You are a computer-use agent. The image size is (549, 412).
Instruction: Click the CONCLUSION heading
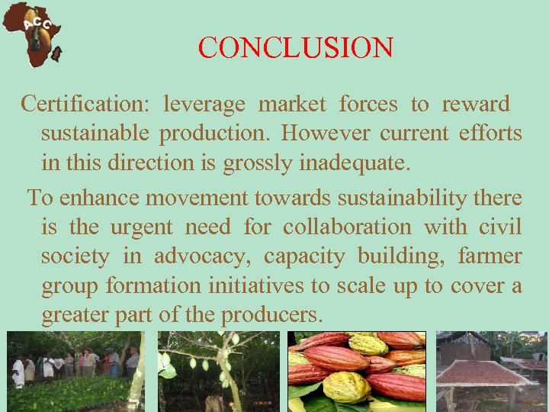(x=295, y=48)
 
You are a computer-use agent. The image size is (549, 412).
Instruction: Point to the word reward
(x=475, y=104)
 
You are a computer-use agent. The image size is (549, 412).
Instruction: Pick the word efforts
(x=490, y=134)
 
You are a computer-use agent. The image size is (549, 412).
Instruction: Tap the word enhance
(x=99, y=198)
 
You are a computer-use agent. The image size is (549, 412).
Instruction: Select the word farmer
(x=490, y=256)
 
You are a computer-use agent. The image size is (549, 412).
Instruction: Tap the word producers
(x=271, y=314)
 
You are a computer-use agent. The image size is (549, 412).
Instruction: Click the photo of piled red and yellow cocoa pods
(x=356, y=372)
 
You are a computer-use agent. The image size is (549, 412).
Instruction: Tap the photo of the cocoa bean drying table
(x=491, y=372)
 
